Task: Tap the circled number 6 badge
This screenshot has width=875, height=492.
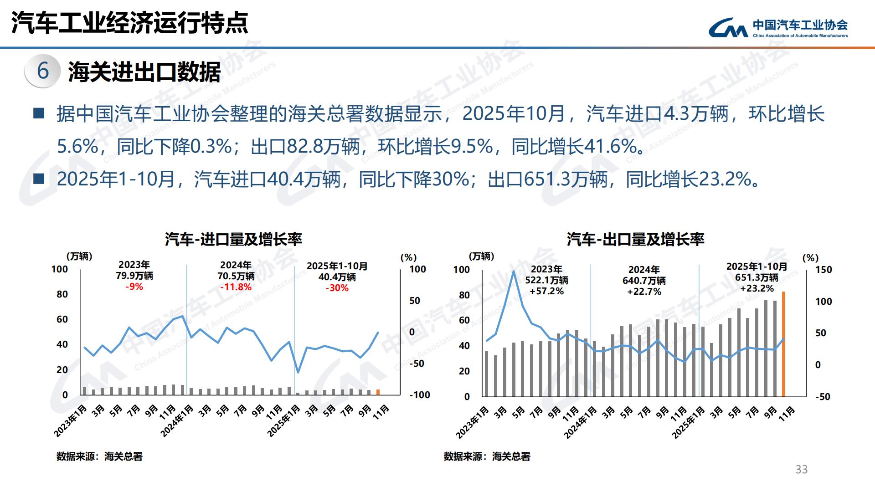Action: click(43, 71)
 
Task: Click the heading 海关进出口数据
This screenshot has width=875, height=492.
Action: click(144, 72)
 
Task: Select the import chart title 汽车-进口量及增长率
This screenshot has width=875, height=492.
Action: click(233, 239)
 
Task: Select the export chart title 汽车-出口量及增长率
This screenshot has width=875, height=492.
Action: click(635, 239)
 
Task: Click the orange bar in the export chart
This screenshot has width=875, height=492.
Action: click(783, 344)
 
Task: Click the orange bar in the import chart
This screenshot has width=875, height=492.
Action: click(378, 392)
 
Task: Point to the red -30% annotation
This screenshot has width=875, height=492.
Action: click(337, 288)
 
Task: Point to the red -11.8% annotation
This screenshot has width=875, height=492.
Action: click(236, 287)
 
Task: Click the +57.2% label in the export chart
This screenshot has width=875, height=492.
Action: click(546, 291)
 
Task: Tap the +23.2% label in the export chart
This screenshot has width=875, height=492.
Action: click(757, 288)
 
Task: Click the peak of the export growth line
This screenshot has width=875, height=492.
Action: click(514, 271)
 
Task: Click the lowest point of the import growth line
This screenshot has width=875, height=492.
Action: click(298, 373)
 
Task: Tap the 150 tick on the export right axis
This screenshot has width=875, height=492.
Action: click(824, 270)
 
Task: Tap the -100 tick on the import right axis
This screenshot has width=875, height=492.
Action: click(420, 395)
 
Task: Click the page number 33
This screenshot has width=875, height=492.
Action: click(801, 469)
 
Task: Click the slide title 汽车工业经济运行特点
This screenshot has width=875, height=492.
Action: click(130, 23)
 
